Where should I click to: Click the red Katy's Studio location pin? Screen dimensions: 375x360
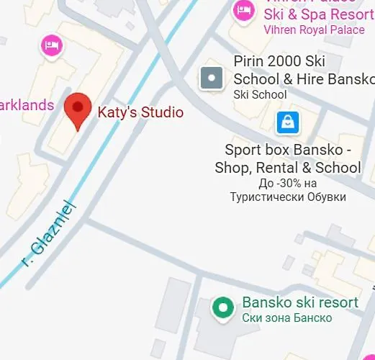pyautogui.click(x=78, y=111)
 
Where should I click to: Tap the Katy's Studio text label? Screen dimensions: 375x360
pyautogui.click(x=140, y=112)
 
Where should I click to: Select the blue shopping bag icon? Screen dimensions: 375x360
pyautogui.click(x=287, y=122)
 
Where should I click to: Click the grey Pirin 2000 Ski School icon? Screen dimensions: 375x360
pyautogui.click(x=211, y=78)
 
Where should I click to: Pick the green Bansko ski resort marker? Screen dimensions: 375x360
pyautogui.click(x=223, y=309)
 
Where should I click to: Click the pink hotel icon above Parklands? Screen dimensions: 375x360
pyautogui.click(x=51, y=46)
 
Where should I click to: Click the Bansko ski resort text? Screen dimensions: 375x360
pyautogui.click(x=300, y=302)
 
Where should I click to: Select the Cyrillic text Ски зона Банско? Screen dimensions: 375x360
pyautogui.click(x=287, y=318)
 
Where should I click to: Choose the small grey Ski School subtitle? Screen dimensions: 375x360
pyautogui.click(x=260, y=94)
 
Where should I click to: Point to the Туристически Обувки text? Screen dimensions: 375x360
pyautogui.click(x=288, y=197)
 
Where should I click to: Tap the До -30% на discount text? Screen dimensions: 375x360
pyautogui.click(x=288, y=184)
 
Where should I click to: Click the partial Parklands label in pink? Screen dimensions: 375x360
pyautogui.click(x=26, y=105)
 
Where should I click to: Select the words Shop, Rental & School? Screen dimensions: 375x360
pyautogui.click(x=288, y=168)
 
